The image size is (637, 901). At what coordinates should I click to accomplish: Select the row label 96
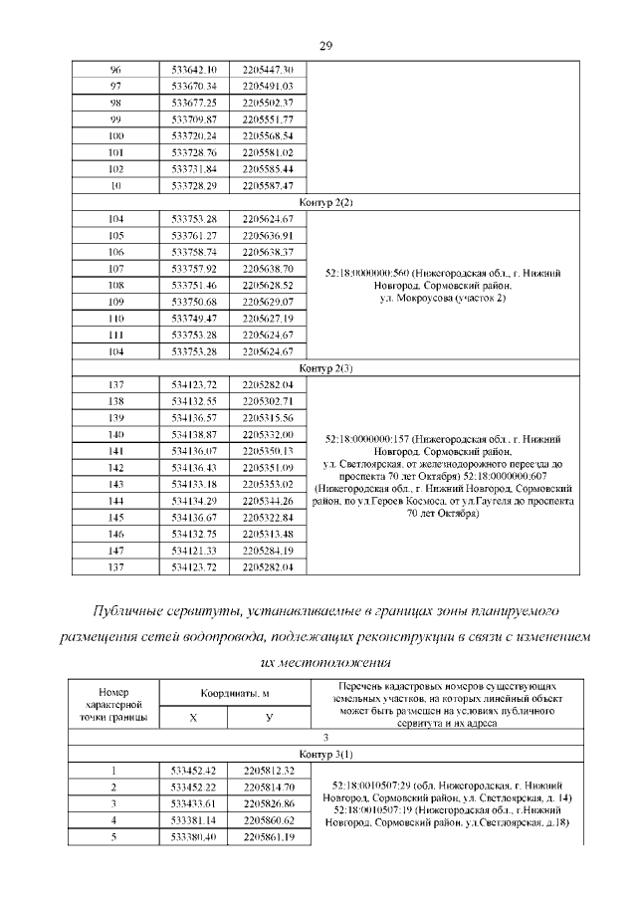(115, 69)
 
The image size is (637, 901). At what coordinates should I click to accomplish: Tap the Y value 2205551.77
(268, 118)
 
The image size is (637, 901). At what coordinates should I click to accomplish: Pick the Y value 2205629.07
(268, 302)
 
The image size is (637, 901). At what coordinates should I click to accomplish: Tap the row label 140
(115, 435)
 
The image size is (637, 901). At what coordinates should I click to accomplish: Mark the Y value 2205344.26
(268, 501)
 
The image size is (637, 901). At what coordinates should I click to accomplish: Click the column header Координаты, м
(231, 693)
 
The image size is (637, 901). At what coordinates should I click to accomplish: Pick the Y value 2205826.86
(268, 803)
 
